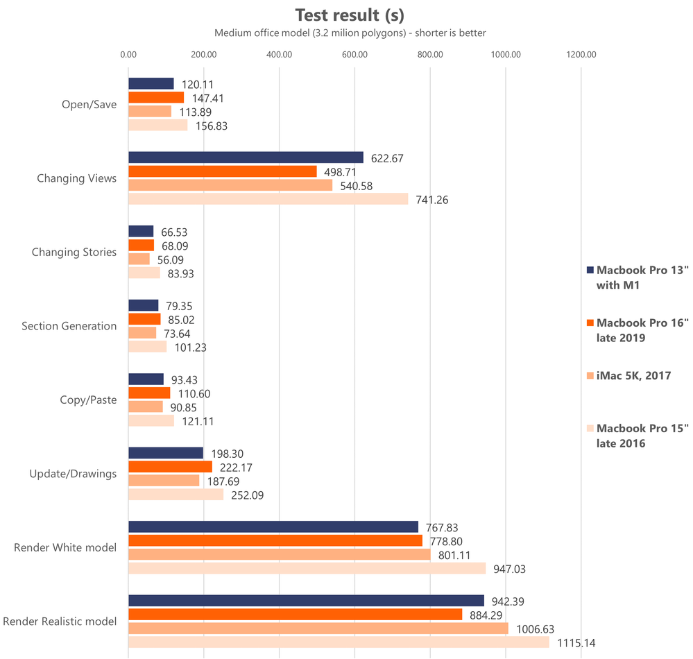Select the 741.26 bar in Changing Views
(x=268, y=199)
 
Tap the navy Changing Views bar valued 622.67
(x=246, y=157)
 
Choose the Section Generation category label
(x=69, y=326)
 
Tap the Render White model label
(x=65, y=548)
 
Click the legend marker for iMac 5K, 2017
(x=590, y=376)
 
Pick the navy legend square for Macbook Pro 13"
(x=590, y=270)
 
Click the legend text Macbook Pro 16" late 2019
(x=642, y=329)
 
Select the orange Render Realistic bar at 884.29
(x=295, y=615)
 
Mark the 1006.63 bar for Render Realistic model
(x=318, y=628)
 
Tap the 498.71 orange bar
(x=222, y=171)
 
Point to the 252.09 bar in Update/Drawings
(x=176, y=495)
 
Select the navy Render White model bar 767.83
(x=273, y=527)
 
